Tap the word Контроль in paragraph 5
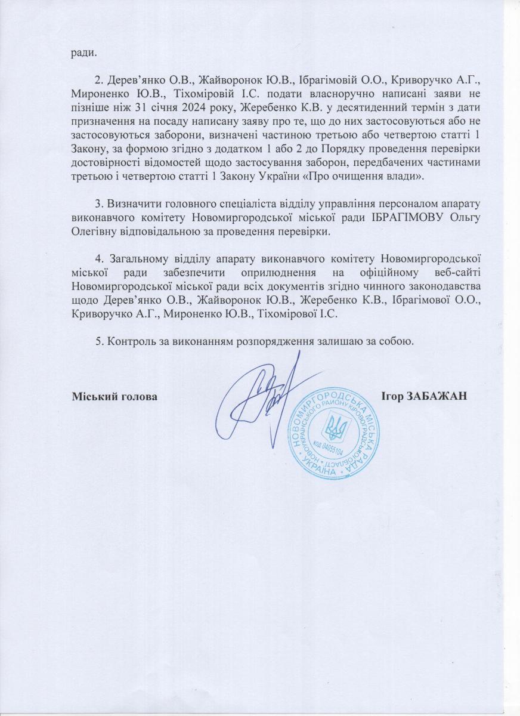click(131, 341)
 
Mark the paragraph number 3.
click(99, 204)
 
